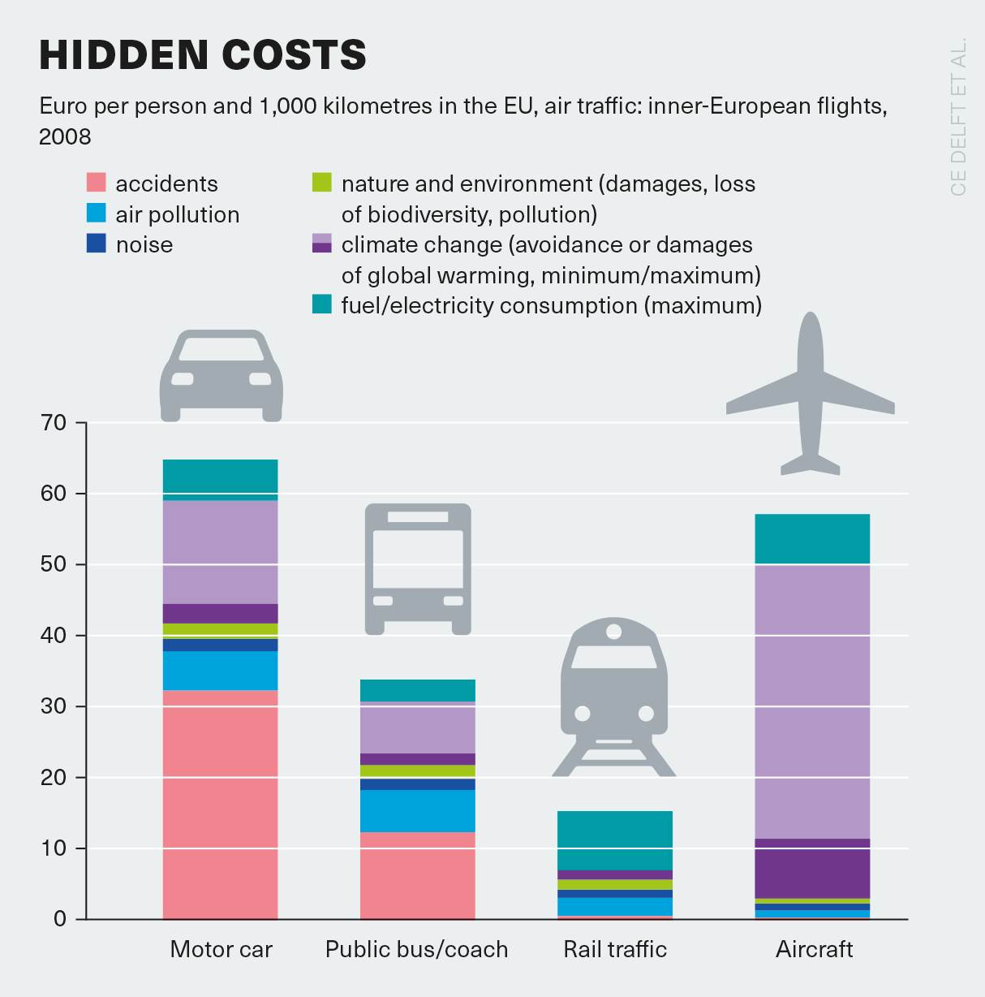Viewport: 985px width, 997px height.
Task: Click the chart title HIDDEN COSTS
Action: point(203,55)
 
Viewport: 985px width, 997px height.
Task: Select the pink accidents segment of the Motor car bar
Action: point(220,804)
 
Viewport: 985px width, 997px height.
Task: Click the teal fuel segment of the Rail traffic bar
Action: point(614,840)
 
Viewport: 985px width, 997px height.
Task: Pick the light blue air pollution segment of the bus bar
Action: point(417,810)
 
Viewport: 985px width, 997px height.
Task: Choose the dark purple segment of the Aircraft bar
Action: point(811,868)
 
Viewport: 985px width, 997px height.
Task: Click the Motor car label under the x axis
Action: point(221,949)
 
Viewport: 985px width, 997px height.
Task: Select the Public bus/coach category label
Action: point(416,949)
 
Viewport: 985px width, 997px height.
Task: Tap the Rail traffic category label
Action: point(615,949)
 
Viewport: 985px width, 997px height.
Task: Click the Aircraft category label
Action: point(814,949)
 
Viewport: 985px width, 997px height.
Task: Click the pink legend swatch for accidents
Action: point(96,183)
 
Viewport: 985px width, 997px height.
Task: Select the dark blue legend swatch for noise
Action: point(96,244)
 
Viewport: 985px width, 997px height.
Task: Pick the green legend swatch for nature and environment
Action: point(322,183)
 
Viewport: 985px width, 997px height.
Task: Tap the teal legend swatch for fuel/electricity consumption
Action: point(322,304)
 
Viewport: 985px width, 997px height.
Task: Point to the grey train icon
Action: point(614,698)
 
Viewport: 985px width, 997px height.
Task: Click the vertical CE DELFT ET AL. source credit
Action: point(958,116)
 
